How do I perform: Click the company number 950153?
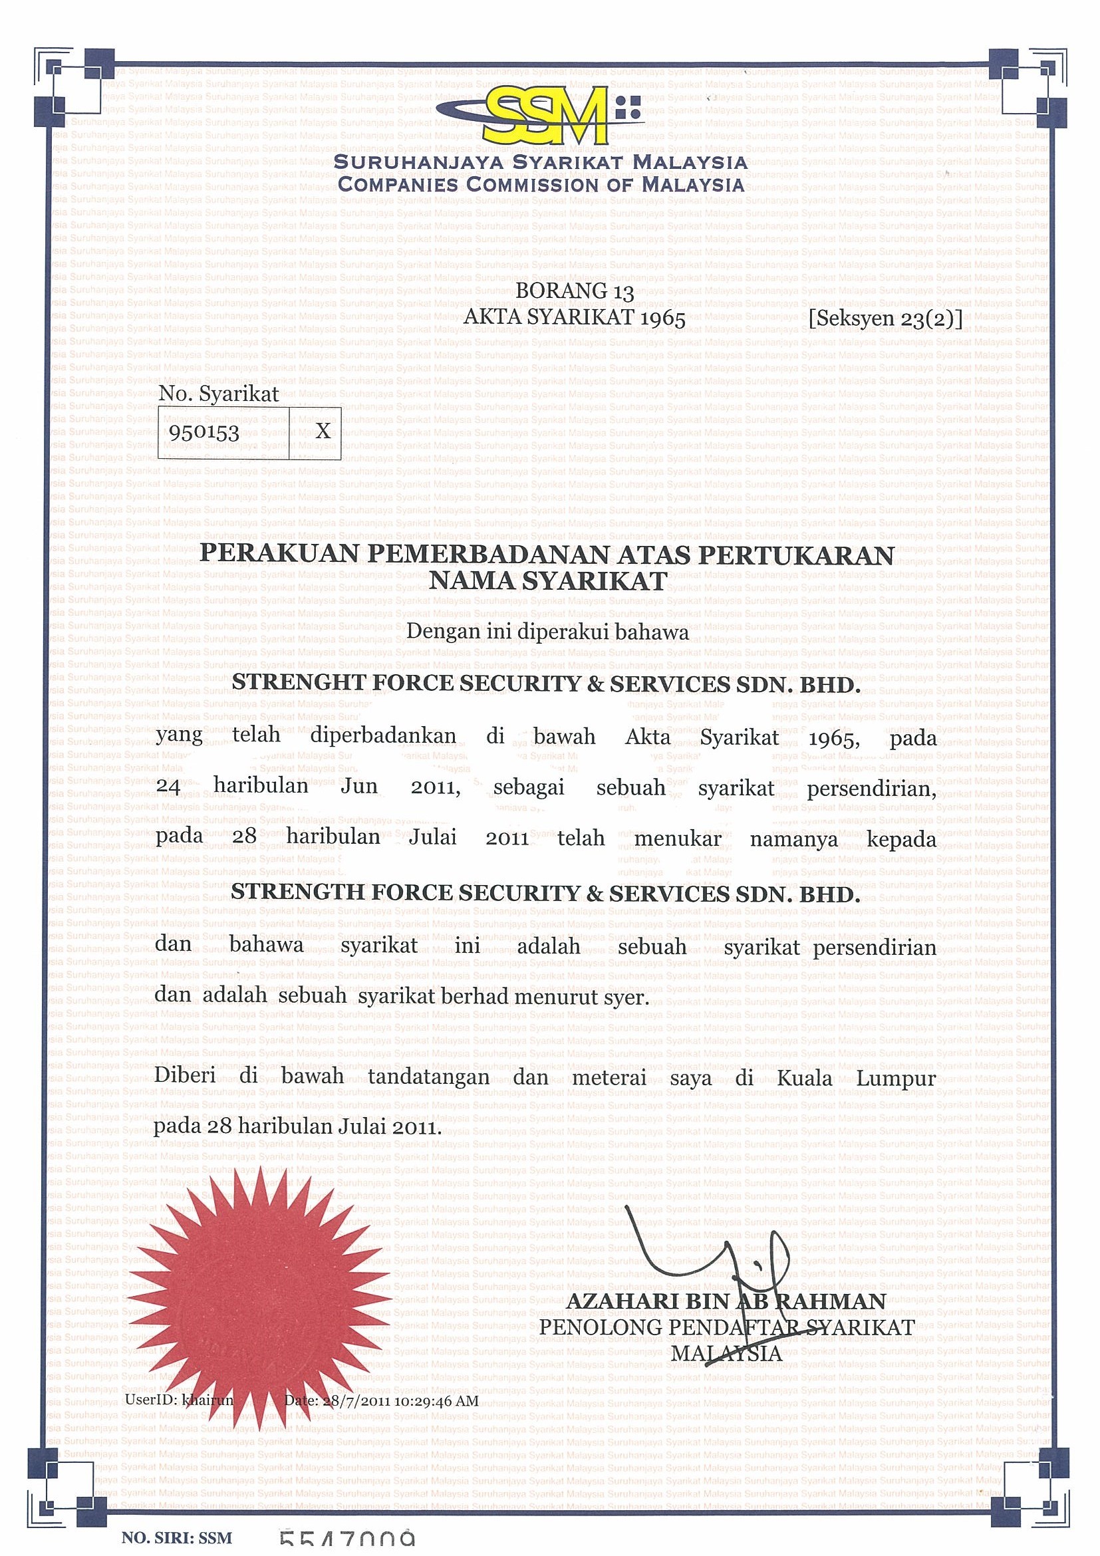pyautogui.click(x=205, y=432)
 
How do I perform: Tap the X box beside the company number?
pyautogui.click(x=323, y=431)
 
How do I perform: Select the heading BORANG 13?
pyautogui.click(x=575, y=291)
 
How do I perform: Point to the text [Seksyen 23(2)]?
pyautogui.click(x=885, y=319)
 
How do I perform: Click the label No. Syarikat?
pyautogui.click(x=219, y=394)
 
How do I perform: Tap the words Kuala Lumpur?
pyautogui.click(x=856, y=1078)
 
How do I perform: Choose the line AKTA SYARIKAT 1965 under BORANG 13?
pyautogui.click(x=574, y=318)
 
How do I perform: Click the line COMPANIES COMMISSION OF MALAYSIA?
pyautogui.click(x=541, y=184)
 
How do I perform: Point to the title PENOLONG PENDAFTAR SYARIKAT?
pyautogui.click(x=726, y=1328)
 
